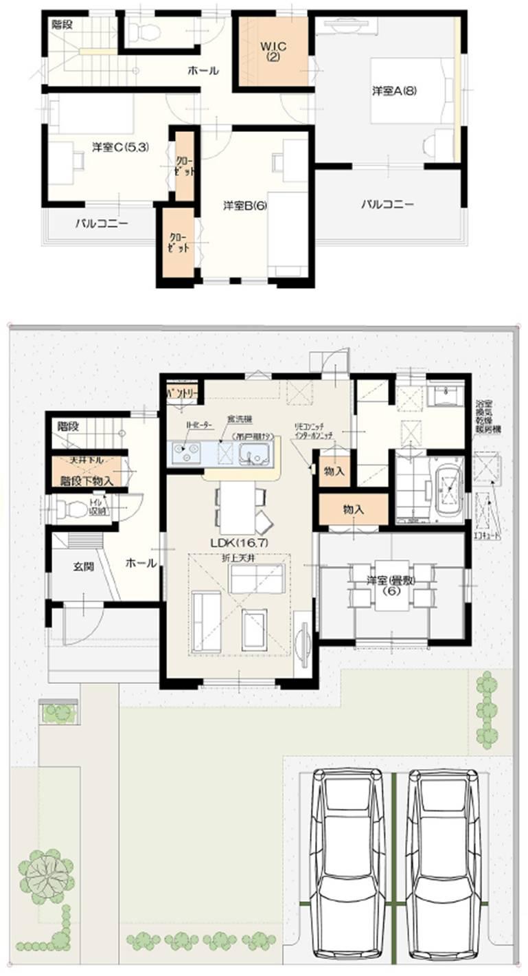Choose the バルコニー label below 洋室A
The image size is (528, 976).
tap(388, 204)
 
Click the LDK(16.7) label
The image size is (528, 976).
tap(238, 542)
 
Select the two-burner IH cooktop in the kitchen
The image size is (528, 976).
tap(186, 453)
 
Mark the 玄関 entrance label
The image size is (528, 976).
tap(83, 567)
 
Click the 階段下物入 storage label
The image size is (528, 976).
tap(86, 480)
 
